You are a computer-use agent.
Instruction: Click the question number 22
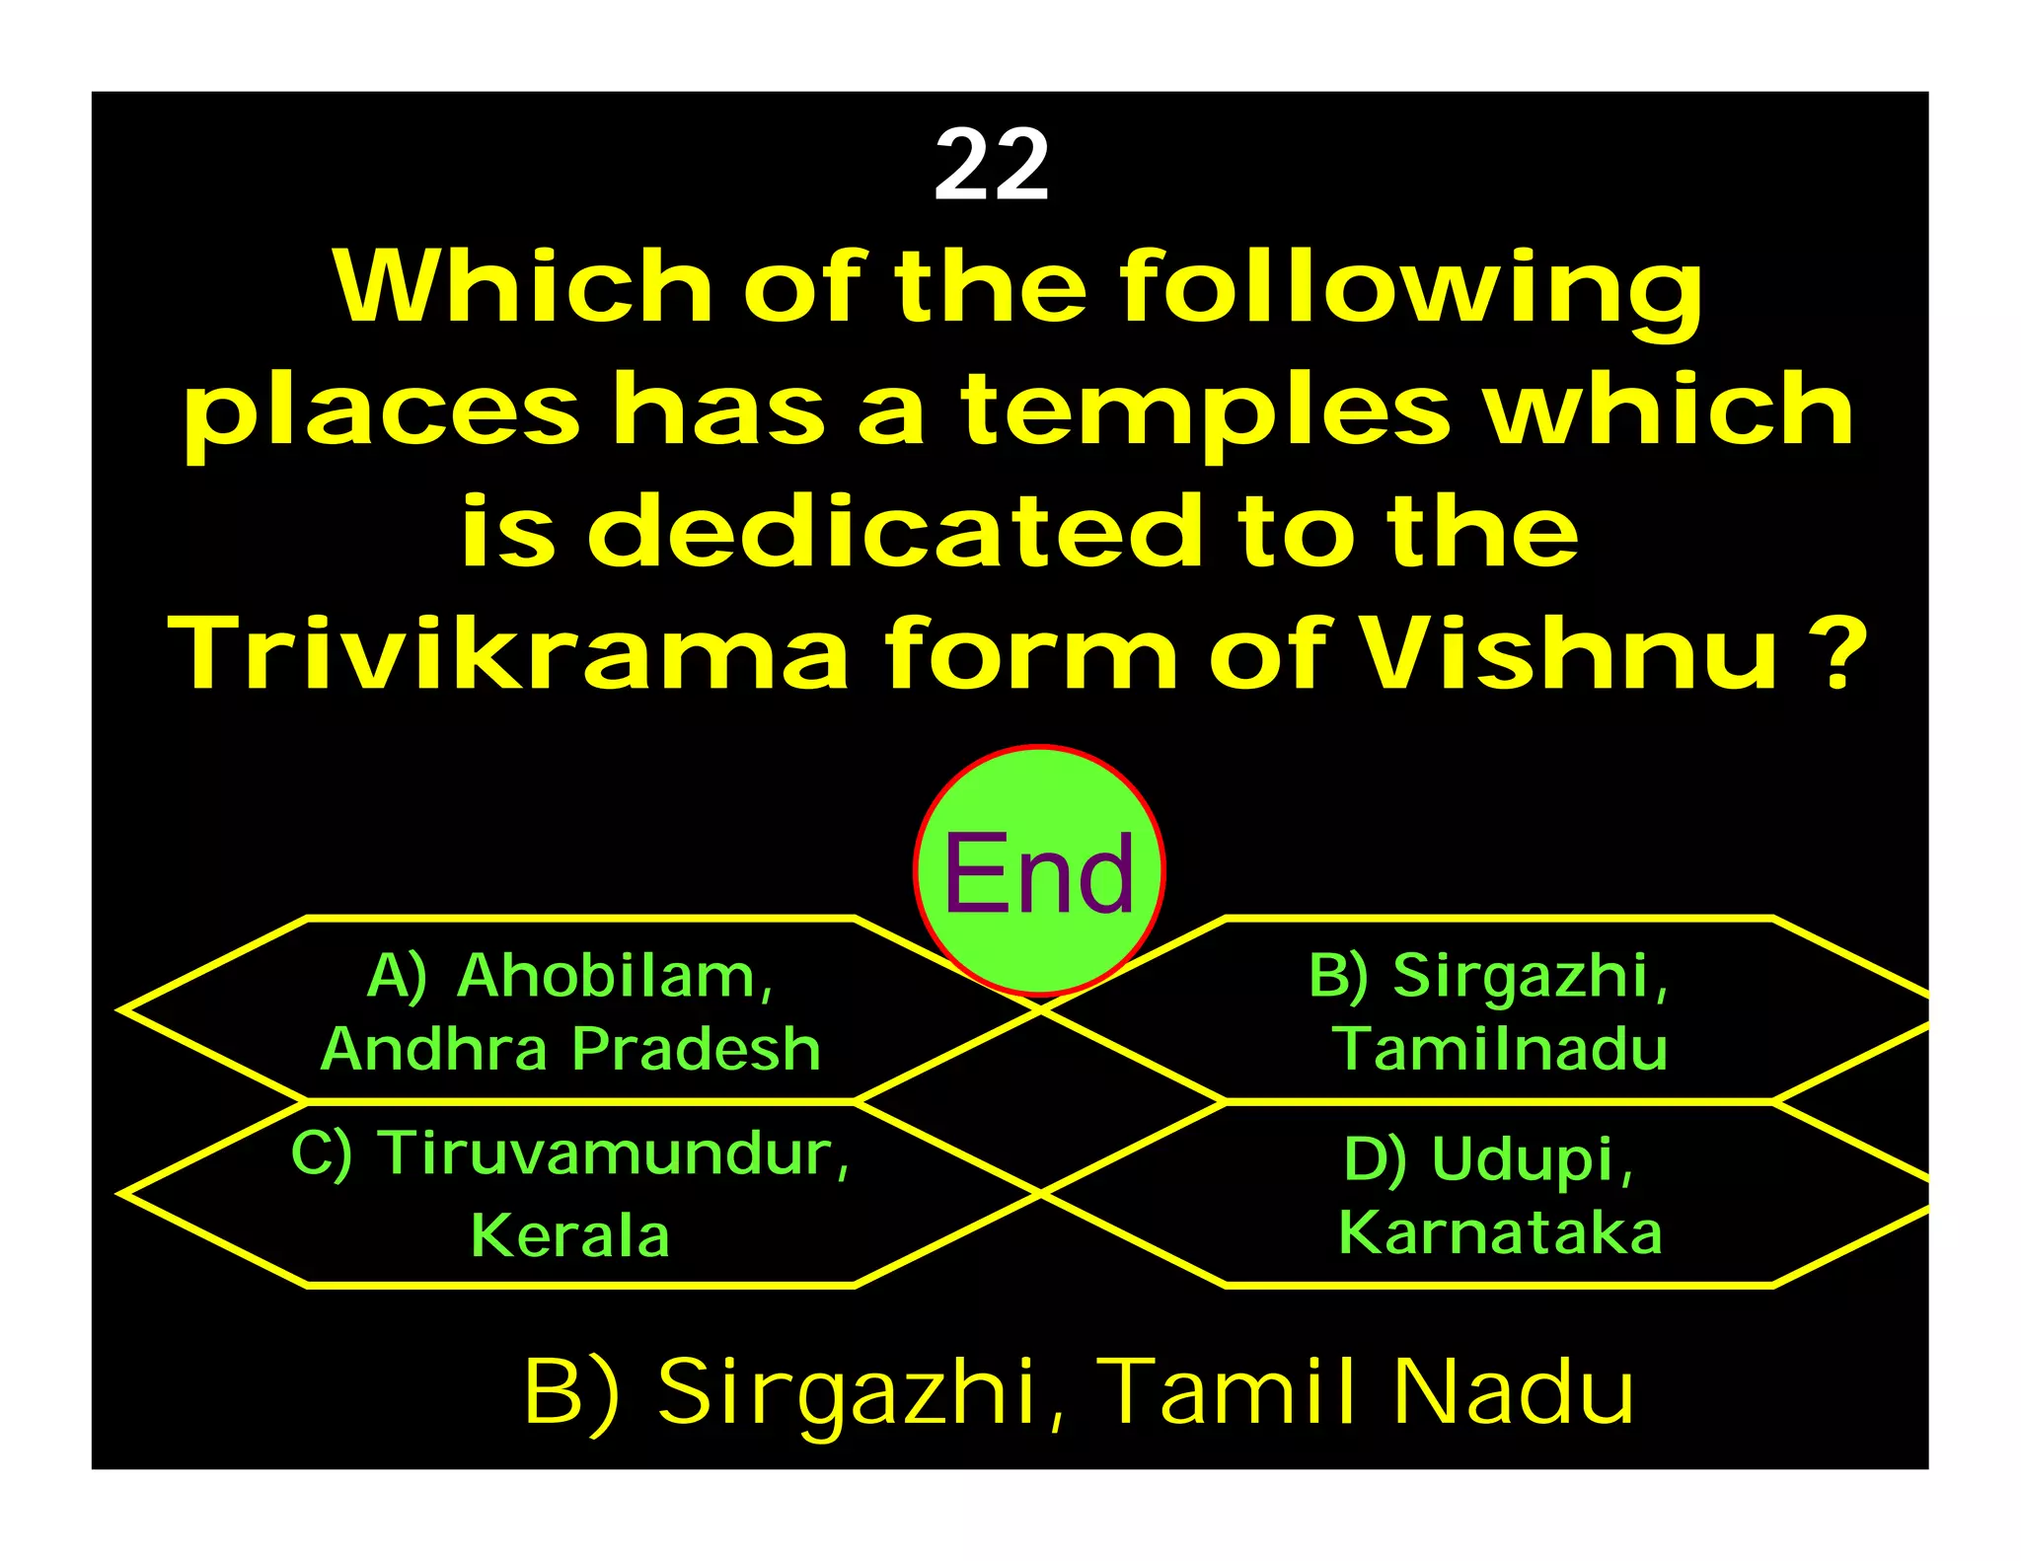[x=991, y=165]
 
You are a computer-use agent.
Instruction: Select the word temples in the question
[x=1206, y=410]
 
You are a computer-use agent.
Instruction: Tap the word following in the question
[x=1411, y=288]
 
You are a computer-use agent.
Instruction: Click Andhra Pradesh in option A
[x=570, y=1048]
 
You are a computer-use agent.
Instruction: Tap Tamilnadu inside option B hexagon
[x=1500, y=1048]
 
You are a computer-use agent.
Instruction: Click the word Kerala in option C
[x=570, y=1234]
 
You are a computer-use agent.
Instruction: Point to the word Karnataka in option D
[x=1500, y=1232]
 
